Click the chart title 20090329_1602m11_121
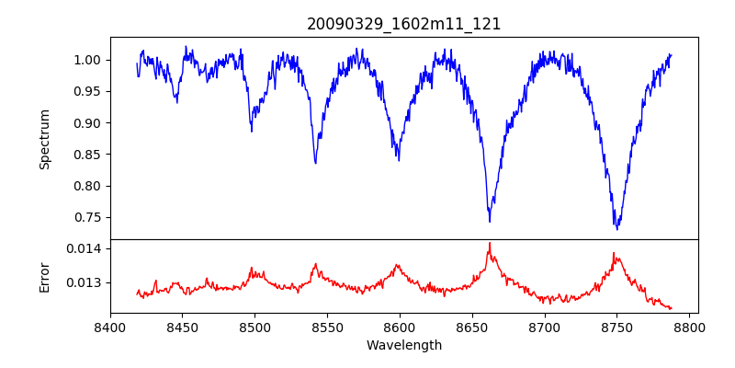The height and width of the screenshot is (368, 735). [404, 24]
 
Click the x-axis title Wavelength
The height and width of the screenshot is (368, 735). [404, 346]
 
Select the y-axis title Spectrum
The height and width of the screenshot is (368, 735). [44, 139]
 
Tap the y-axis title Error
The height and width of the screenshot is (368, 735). [44, 277]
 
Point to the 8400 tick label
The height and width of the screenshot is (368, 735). [110, 327]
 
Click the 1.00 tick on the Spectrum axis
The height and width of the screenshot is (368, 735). [88, 60]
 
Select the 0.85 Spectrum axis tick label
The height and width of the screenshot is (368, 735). [88, 155]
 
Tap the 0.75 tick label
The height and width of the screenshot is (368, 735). [88, 218]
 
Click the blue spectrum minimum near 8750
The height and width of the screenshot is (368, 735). [617, 228]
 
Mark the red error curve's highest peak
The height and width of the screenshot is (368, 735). [490, 243]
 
